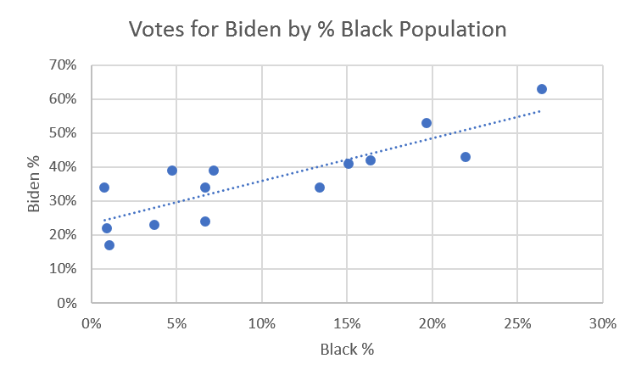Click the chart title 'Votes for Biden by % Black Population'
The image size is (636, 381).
(317, 30)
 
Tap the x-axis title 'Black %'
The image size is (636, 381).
(347, 349)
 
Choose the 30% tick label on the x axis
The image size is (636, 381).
(602, 323)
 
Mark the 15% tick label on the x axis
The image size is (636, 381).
(347, 323)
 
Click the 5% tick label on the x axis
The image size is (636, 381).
(176, 323)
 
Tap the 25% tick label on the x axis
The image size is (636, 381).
(517, 323)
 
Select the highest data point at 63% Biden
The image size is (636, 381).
(542, 89)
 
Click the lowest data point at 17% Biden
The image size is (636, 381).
(109, 245)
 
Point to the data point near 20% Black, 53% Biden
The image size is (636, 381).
(427, 123)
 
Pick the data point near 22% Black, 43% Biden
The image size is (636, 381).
(466, 157)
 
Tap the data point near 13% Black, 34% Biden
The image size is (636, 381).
(320, 188)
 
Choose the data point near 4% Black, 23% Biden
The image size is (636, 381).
(154, 225)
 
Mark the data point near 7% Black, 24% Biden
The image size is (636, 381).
(205, 221)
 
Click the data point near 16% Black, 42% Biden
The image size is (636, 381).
(371, 160)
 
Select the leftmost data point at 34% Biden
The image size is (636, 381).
(104, 188)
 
